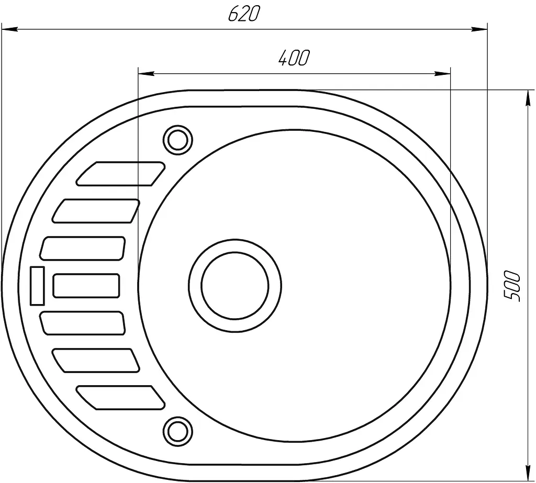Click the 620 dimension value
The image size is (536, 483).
pyautogui.click(x=244, y=14)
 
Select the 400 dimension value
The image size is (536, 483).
pyautogui.click(x=294, y=58)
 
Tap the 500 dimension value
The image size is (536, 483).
pyautogui.click(x=512, y=286)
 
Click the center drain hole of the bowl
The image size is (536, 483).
pyautogui.click(x=235, y=286)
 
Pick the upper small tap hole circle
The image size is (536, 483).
pyautogui.click(x=178, y=140)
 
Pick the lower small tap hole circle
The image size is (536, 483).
pyautogui.click(x=178, y=431)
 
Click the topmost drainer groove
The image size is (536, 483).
pyautogui.click(x=121, y=174)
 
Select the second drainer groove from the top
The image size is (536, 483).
pyautogui.click(x=96, y=211)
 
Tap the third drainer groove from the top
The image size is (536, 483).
pyautogui.click(x=82, y=248)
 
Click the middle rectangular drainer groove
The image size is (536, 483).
pyautogui.click(x=86, y=286)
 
